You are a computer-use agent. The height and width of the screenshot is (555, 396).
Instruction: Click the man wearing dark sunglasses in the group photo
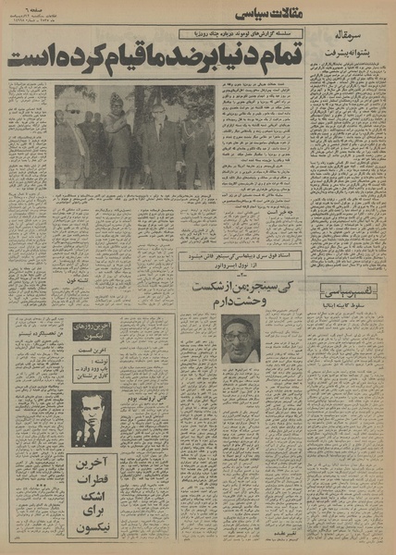[x=73, y=116]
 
